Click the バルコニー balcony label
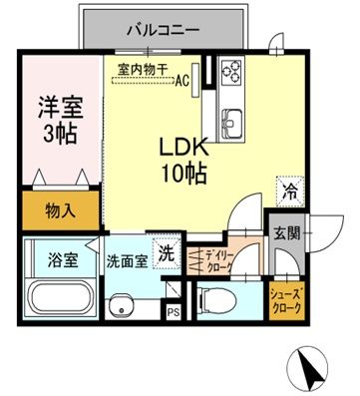[162, 29]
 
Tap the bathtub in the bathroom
[59, 297]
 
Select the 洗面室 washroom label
[127, 261]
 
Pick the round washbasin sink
[124, 307]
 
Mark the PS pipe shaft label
[174, 310]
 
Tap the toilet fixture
[214, 298]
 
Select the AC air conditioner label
[182, 83]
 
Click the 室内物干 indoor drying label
[141, 69]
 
